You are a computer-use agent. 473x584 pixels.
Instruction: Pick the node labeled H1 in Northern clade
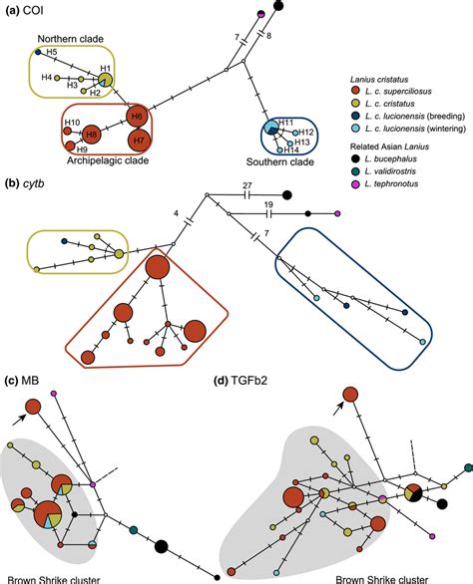click(x=107, y=80)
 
